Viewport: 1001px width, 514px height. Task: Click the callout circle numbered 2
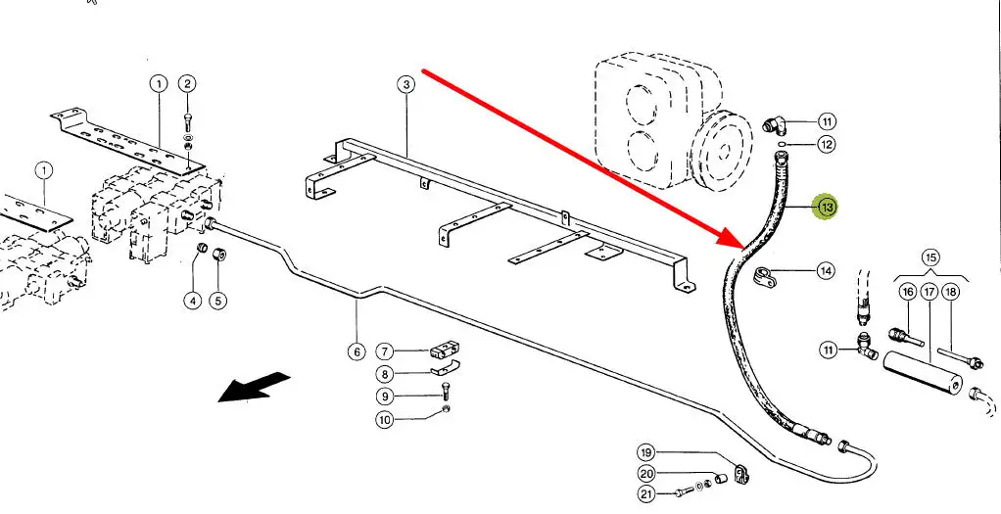coord(187,83)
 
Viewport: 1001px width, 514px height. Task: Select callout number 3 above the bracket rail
coord(406,84)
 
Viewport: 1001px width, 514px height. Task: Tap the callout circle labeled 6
coord(357,351)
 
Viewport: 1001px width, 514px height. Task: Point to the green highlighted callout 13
coord(827,207)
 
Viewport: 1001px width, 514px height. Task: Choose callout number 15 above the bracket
coord(930,258)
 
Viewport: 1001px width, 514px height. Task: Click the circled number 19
coord(645,452)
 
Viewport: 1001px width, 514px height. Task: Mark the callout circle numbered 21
coord(645,494)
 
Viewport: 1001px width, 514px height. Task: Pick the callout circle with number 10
coord(385,420)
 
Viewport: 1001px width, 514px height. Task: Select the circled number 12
coord(827,145)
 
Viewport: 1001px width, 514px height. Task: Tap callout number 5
coord(218,301)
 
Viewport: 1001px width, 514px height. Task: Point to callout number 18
coord(950,292)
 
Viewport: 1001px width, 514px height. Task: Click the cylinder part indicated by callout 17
coord(922,372)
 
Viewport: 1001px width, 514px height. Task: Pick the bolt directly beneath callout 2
coord(187,122)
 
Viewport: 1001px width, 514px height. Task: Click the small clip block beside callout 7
coord(446,349)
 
